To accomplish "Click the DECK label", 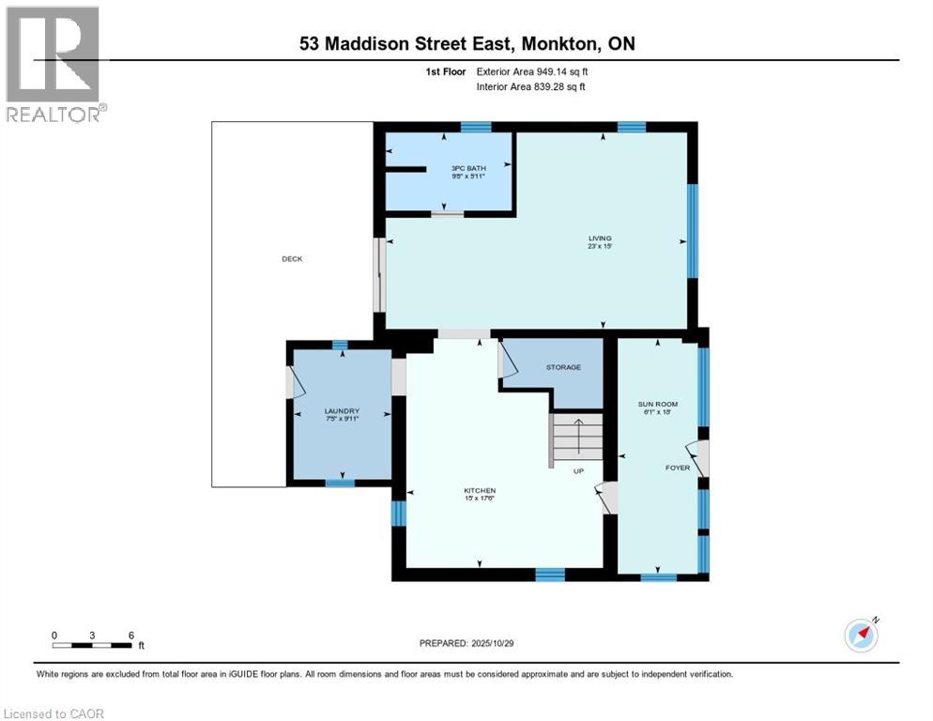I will [292, 259].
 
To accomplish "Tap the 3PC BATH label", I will [469, 169].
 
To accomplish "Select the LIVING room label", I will [600, 238].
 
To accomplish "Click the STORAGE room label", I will [564, 367].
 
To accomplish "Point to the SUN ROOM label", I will [657, 404].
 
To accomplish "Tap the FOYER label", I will [677, 468].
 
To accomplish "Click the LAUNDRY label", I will [342, 411].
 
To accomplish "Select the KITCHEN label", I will [479, 491].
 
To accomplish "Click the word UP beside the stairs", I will [579, 471].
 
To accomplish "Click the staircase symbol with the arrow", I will [575, 438].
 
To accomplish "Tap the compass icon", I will [861, 635].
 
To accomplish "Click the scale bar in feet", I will [92, 644].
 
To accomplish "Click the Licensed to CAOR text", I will [54, 713].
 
